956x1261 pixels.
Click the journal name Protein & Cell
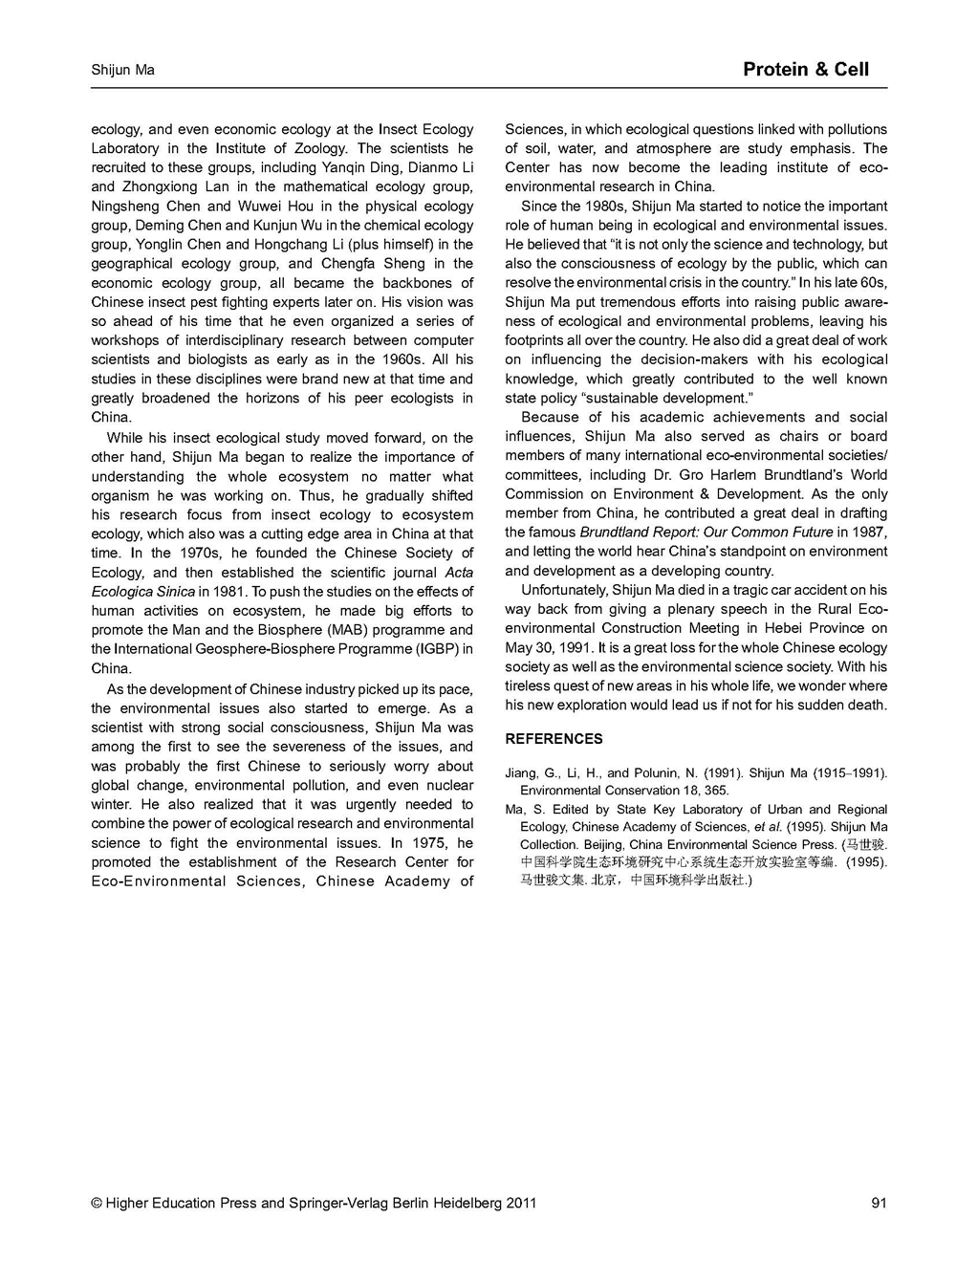pos(805,69)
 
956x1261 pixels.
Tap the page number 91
pos(879,1203)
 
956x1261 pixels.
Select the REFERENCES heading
pos(554,739)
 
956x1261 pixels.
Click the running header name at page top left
pos(122,70)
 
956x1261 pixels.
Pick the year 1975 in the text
pos(430,842)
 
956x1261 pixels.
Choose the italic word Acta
pos(459,572)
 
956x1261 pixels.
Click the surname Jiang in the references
pos(522,772)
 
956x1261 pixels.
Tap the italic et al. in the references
pos(768,827)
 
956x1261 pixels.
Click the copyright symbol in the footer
pos(97,1203)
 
